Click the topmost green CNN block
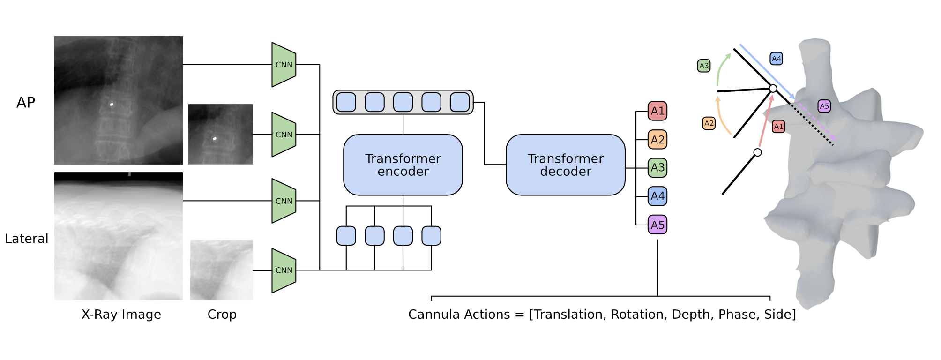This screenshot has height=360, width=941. [x=284, y=65]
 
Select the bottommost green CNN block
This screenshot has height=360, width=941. [x=284, y=270]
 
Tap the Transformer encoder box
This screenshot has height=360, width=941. [x=403, y=165]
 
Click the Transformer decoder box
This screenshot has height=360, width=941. [x=565, y=165]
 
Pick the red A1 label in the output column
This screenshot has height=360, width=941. [x=657, y=111]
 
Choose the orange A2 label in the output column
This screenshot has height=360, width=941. [x=657, y=140]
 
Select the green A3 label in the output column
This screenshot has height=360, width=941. [x=657, y=168]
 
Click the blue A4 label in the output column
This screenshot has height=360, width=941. [x=657, y=196]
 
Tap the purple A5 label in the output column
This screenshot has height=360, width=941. [x=657, y=225]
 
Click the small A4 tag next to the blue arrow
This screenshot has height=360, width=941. [x=776, y=59]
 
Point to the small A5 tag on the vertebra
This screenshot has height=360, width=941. [x=824, y=106]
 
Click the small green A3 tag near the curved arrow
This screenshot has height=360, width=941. [x=704, y=66]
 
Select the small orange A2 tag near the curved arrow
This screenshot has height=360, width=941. [x=709, y=123]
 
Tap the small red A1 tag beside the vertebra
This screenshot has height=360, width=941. [x=778, y=127]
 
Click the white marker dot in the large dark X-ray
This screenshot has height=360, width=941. [x=112, y=104]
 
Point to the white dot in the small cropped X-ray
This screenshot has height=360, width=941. [x=215, y=138]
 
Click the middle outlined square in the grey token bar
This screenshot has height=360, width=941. [x=403, y=102]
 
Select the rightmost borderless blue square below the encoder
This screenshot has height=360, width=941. [x=431, y=236]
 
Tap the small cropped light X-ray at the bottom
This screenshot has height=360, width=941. [x=222, y=270]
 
